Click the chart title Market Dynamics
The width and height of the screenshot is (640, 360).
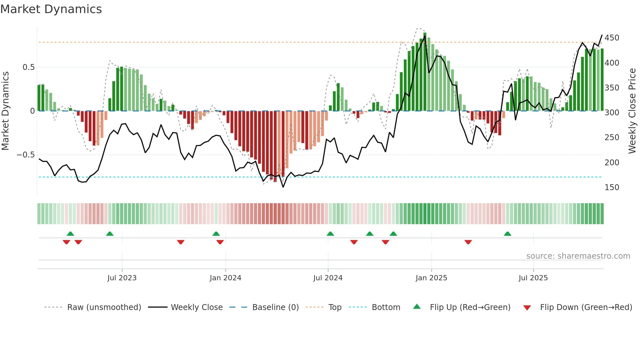pyautogui.click(x=51, y=9)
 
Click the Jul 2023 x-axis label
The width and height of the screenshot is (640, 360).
pyautogui.click(x=122, y=278)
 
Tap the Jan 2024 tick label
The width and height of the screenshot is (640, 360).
pyautogui.click(x=225, y=278)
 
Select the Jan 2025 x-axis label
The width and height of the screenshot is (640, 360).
pyautogui.click(x=431, y=278)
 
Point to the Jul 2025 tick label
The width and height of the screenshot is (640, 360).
pyautogui.click(x=533, y=278)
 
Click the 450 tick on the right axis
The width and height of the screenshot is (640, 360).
pyautogui.click(x=612, y=38)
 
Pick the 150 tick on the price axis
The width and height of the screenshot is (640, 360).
pyautogui.click(x=612, y=188)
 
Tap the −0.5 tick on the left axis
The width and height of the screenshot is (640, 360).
pyautogui.click(x=25, y=155)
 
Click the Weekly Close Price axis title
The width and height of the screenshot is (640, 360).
pyautogui.click(x=632, y=111)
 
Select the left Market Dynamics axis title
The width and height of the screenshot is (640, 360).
pyautogui.click(x=5, y=111)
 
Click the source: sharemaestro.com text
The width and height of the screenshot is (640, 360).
pyautogui.click(x=578, y=256)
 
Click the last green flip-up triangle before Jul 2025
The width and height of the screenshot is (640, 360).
pyautogui.click(x=507, y=234)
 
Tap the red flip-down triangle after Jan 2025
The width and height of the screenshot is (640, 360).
pyautogui.click(x=468, y=242)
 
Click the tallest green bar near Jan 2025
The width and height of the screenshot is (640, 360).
pyautogui.click(x=424, y=72)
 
